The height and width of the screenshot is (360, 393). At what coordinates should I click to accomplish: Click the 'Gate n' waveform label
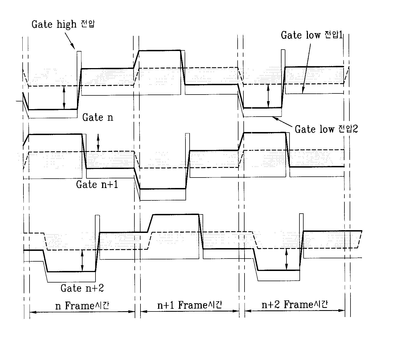[98, 118]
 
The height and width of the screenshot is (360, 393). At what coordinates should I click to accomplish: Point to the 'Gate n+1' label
[97, 184]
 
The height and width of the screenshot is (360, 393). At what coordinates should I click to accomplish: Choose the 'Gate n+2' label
[82, 288]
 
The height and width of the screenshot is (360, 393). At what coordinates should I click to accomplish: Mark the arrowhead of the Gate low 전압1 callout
[302, 93]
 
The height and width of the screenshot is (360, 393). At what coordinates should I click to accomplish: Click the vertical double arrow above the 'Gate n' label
[64, 97]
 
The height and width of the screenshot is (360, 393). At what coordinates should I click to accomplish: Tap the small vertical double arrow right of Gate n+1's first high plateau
[98, 143]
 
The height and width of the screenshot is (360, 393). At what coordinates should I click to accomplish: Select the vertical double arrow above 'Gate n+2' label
[82, 260]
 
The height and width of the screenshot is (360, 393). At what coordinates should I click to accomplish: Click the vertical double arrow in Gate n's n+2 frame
[268, 96]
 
